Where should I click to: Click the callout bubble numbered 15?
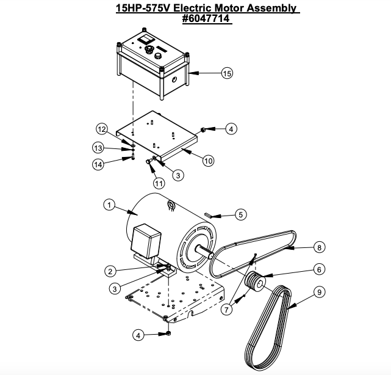point(227,73)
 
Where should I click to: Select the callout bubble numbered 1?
point(109,206)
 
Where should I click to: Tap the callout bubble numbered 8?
point(318,247)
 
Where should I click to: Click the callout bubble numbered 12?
point(102,129)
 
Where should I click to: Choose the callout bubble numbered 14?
point(98,164)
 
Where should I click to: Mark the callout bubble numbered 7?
point(227,310)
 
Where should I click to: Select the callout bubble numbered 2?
point(110,271)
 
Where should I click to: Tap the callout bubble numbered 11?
point(159,183)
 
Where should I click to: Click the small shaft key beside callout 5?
point(210,214)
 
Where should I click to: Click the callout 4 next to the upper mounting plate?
point(230,129)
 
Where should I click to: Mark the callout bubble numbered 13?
point(98,148)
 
